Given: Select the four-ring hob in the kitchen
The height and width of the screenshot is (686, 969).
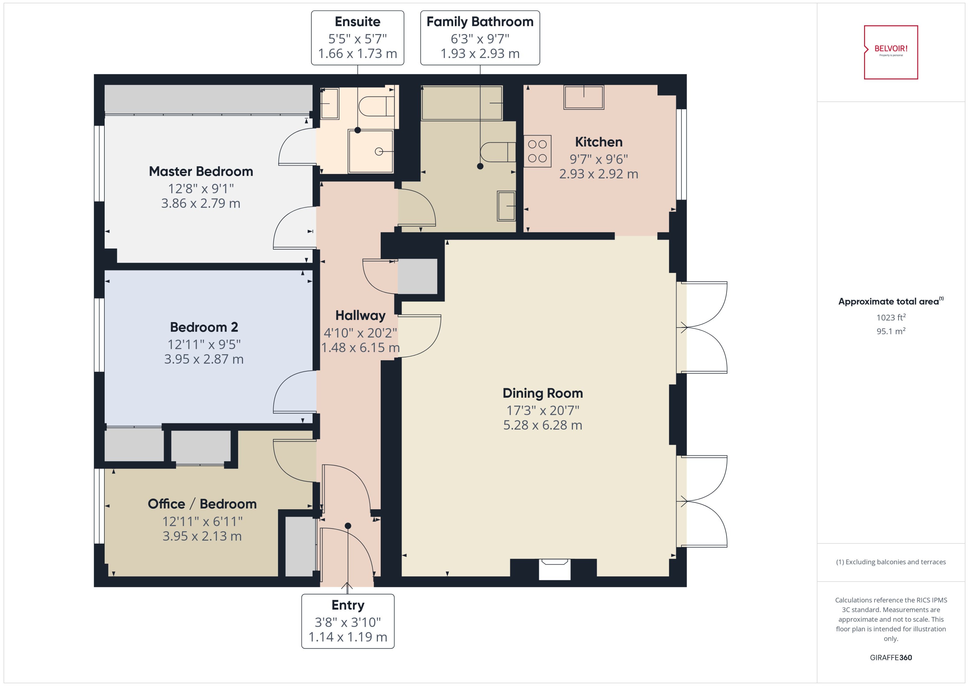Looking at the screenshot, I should coord(537,151).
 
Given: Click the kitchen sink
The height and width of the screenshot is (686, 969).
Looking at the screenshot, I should coord(584,97).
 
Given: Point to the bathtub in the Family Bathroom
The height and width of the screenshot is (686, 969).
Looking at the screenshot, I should coord(462,103).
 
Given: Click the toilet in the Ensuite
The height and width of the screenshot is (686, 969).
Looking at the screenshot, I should coord(376,106).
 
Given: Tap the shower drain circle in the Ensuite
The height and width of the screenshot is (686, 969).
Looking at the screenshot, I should coord(379,151).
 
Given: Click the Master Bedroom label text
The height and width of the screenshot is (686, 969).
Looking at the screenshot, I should coord(201,171).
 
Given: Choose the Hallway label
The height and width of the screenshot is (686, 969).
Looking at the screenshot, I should coord(360,315).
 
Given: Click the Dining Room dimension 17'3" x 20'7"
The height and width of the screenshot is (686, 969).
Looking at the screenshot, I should coord(543,410).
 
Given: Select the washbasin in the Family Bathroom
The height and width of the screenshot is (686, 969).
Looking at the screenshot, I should coord(506,206).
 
